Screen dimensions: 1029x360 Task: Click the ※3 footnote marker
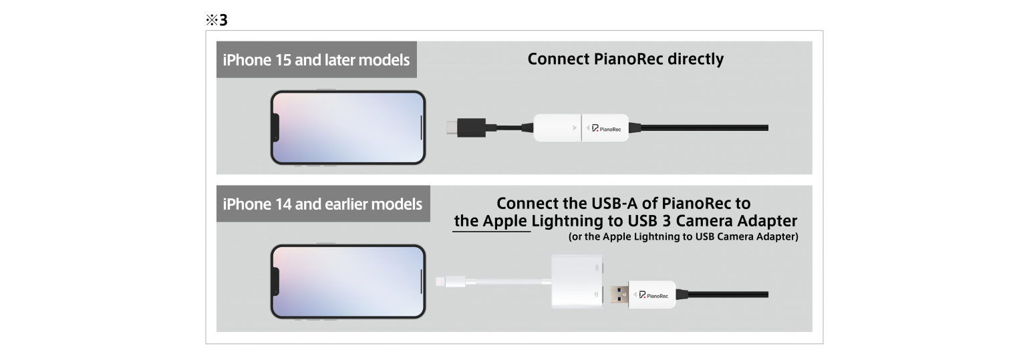coord(216,20)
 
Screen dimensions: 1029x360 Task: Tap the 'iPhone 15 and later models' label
coord(317,60)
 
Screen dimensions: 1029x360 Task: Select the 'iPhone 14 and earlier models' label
coord(323,204)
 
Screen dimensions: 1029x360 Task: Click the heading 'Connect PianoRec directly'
coord(625,59)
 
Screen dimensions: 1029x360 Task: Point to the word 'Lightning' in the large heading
coord(567,221)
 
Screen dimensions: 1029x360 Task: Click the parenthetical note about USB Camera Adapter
coord(683,236)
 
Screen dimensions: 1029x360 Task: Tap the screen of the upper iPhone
coord(348,128)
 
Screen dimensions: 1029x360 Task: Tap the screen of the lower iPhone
coord(348,281)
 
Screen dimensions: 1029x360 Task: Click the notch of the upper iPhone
coord(276,128)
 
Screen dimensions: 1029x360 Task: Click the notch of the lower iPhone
coord(276,281)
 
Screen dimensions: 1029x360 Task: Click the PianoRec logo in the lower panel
coord(653,295)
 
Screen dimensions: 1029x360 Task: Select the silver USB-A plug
coord(619,295)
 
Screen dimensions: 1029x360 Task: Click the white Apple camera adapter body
coord(577,281)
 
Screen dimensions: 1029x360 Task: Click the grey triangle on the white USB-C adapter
coord(574,128)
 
